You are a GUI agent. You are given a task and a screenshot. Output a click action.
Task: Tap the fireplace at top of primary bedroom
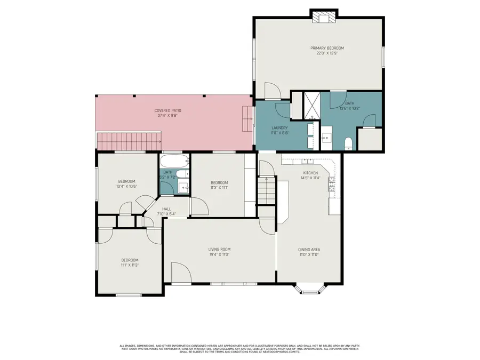tap(324, 18)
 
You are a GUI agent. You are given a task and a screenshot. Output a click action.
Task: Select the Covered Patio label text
tap(168, 110)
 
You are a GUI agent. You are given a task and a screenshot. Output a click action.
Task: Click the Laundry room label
tap(279, 128)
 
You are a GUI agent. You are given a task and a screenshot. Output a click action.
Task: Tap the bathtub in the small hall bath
tap(174, 161)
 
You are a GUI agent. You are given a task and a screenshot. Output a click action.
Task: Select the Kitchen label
tap(310, 173)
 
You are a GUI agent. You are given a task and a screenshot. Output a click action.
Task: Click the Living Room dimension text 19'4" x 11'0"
tap(219, 254)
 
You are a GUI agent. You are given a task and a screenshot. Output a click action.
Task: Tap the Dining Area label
tap(309, 249)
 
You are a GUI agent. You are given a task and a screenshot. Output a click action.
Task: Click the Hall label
tap(166, 209)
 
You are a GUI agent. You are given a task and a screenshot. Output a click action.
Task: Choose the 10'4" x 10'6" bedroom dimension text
tap(127, 187)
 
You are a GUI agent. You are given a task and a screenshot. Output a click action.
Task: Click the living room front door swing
tap(180, 272)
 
